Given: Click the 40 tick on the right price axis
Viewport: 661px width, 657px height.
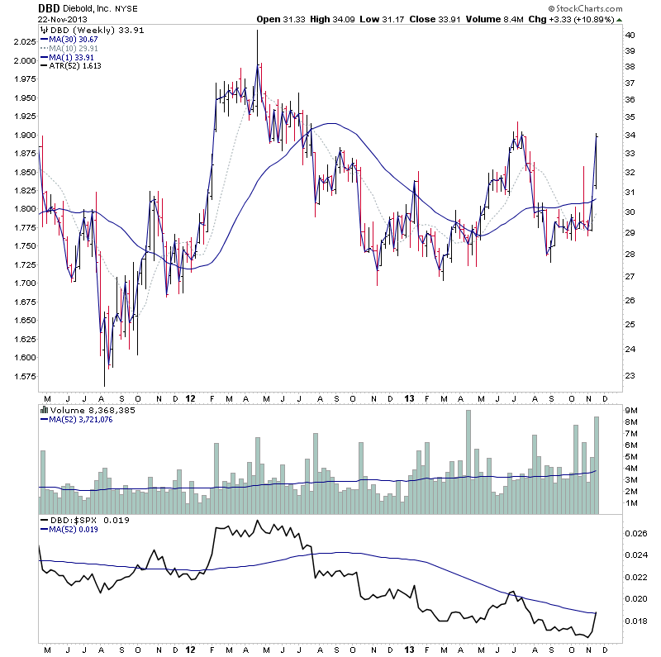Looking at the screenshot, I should [629, 36].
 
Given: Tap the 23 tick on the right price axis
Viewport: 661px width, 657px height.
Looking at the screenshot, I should [629, 376].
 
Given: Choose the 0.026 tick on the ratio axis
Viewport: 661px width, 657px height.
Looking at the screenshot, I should [636, 534].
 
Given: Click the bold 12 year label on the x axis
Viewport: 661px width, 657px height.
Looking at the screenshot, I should [191, 398].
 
